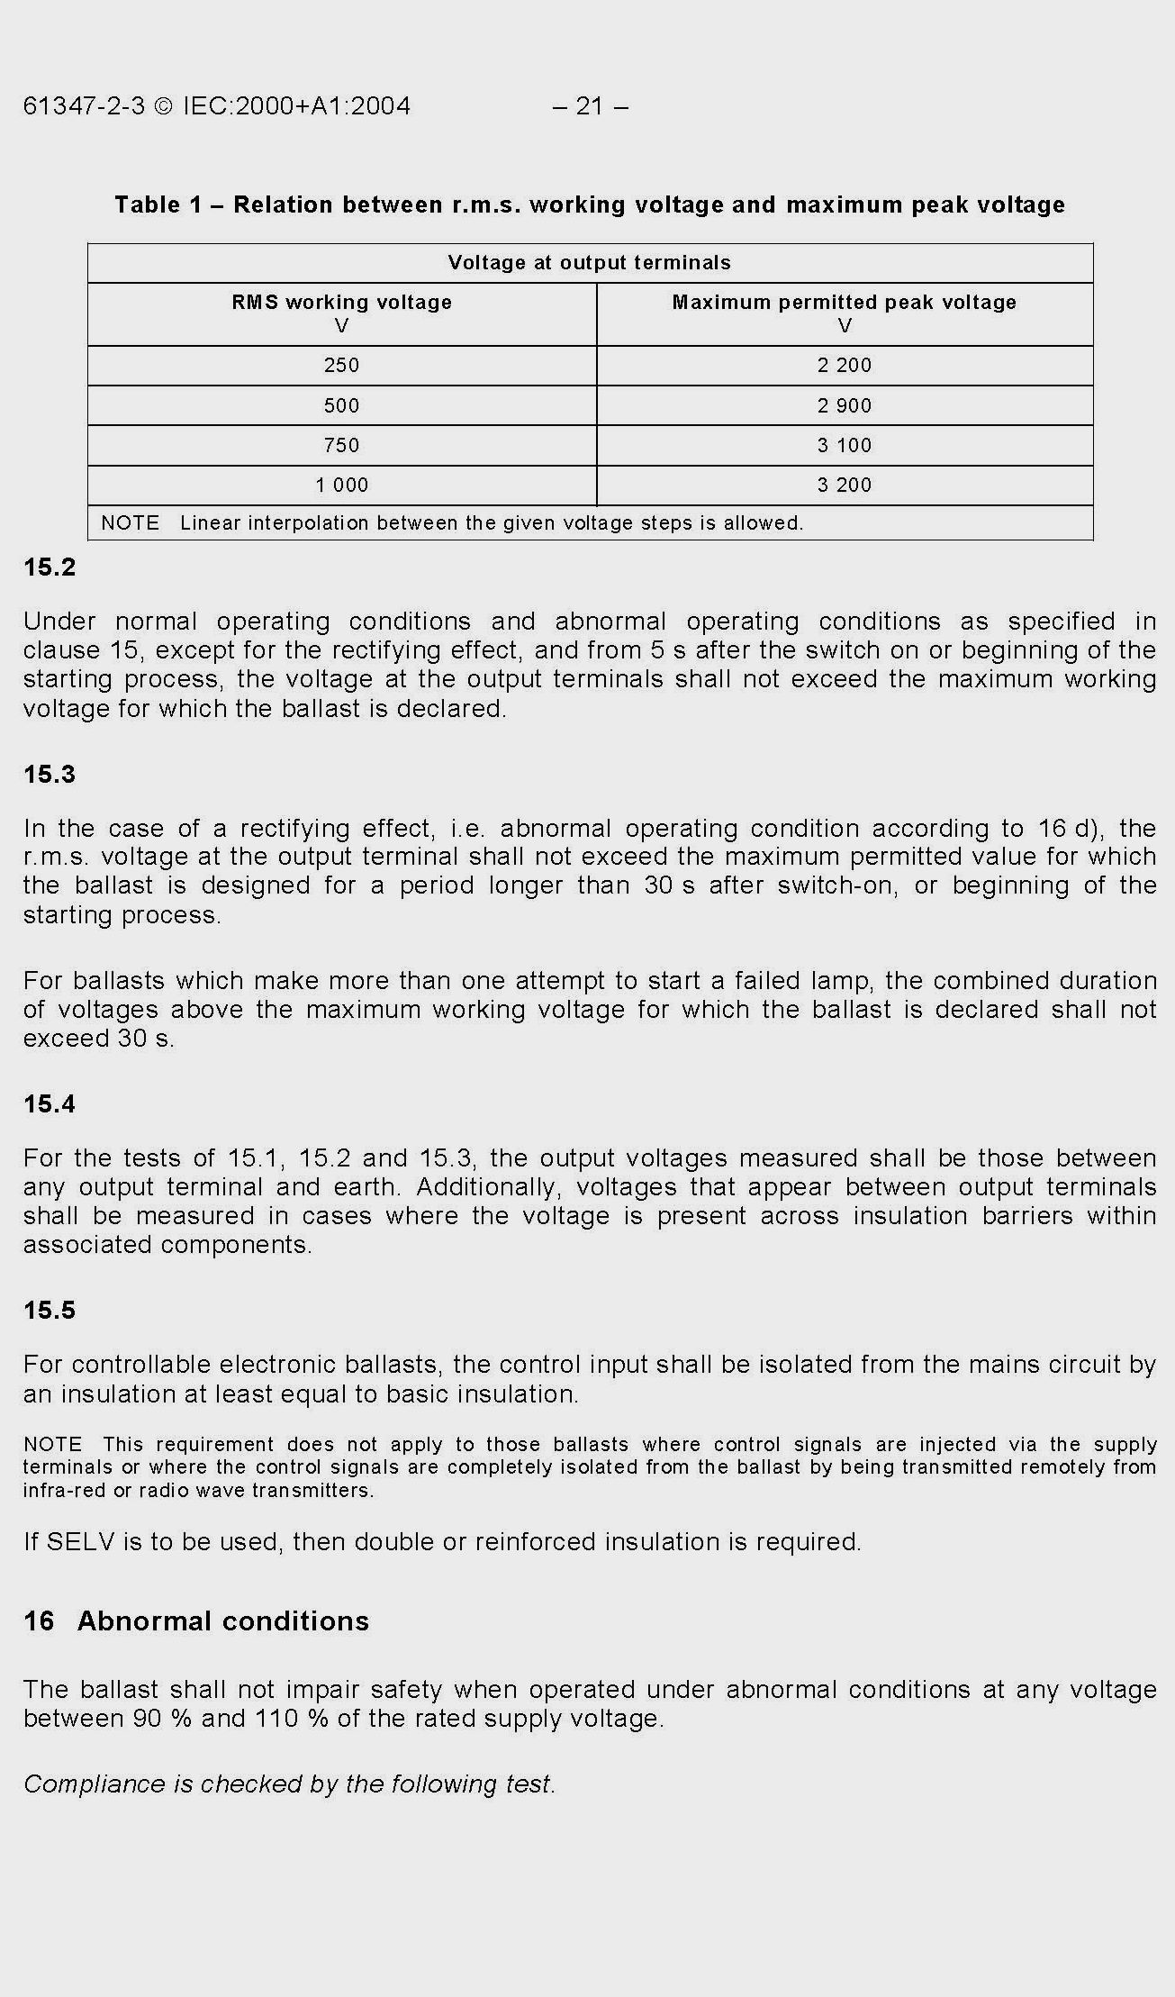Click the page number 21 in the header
point(590,106)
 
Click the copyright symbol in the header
point(163,106)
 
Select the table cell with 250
point(341,366)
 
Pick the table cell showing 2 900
point(845,405)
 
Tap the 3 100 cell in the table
point(845,445)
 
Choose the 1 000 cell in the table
point(341,485)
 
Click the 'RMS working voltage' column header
point(341,303)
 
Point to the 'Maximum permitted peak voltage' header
point(844,303)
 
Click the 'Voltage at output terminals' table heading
point(590,263)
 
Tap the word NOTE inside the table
point(130,523)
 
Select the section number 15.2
point(50,567)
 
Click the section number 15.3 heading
point(50,775)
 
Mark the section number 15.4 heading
point(50,1104)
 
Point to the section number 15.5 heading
point(50,1311)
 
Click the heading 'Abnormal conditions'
point(223,1621)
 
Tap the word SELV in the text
point(81,1542)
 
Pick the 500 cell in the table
point(341,405)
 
